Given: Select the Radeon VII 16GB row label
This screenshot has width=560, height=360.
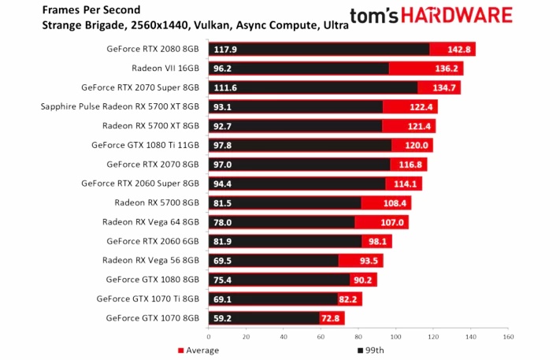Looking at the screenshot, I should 161,68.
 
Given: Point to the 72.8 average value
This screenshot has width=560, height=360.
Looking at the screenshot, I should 330,318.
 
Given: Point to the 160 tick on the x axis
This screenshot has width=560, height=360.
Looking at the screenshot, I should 508,336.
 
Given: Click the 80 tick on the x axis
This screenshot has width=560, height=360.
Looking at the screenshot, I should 358,336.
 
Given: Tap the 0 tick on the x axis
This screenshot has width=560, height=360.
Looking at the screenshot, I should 208,336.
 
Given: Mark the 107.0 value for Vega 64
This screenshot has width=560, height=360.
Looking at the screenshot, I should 393,222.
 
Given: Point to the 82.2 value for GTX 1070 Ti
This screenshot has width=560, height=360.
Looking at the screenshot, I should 348,299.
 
